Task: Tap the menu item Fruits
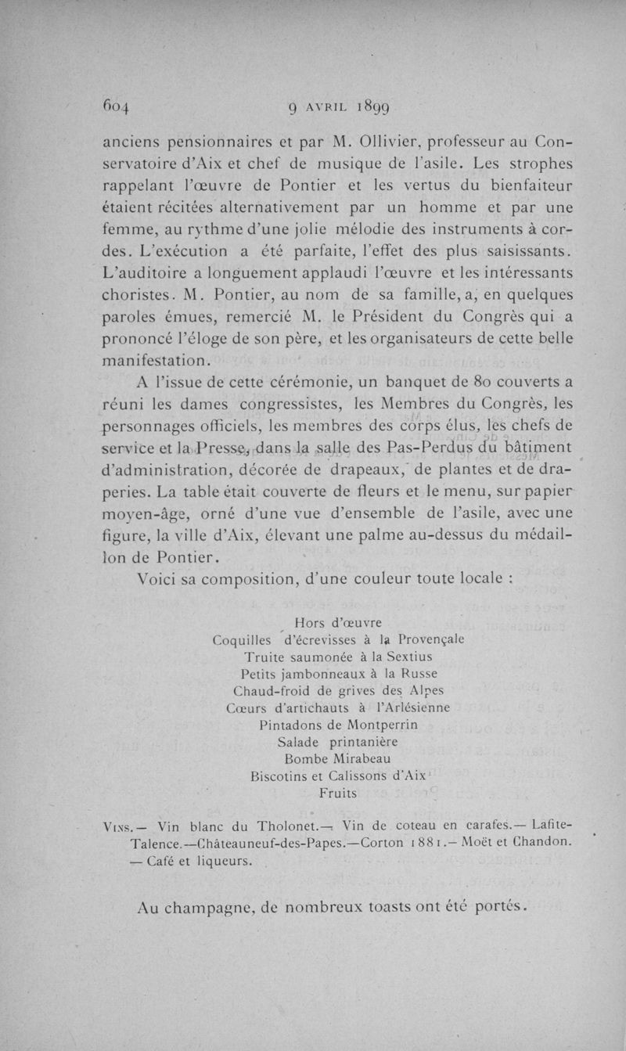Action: click(x=338, y=793)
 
